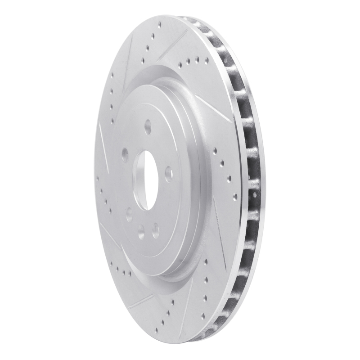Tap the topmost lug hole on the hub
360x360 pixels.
(148, 126)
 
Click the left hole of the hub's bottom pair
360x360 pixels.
(141, 232)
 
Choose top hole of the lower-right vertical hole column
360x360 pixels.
(205, 261)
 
